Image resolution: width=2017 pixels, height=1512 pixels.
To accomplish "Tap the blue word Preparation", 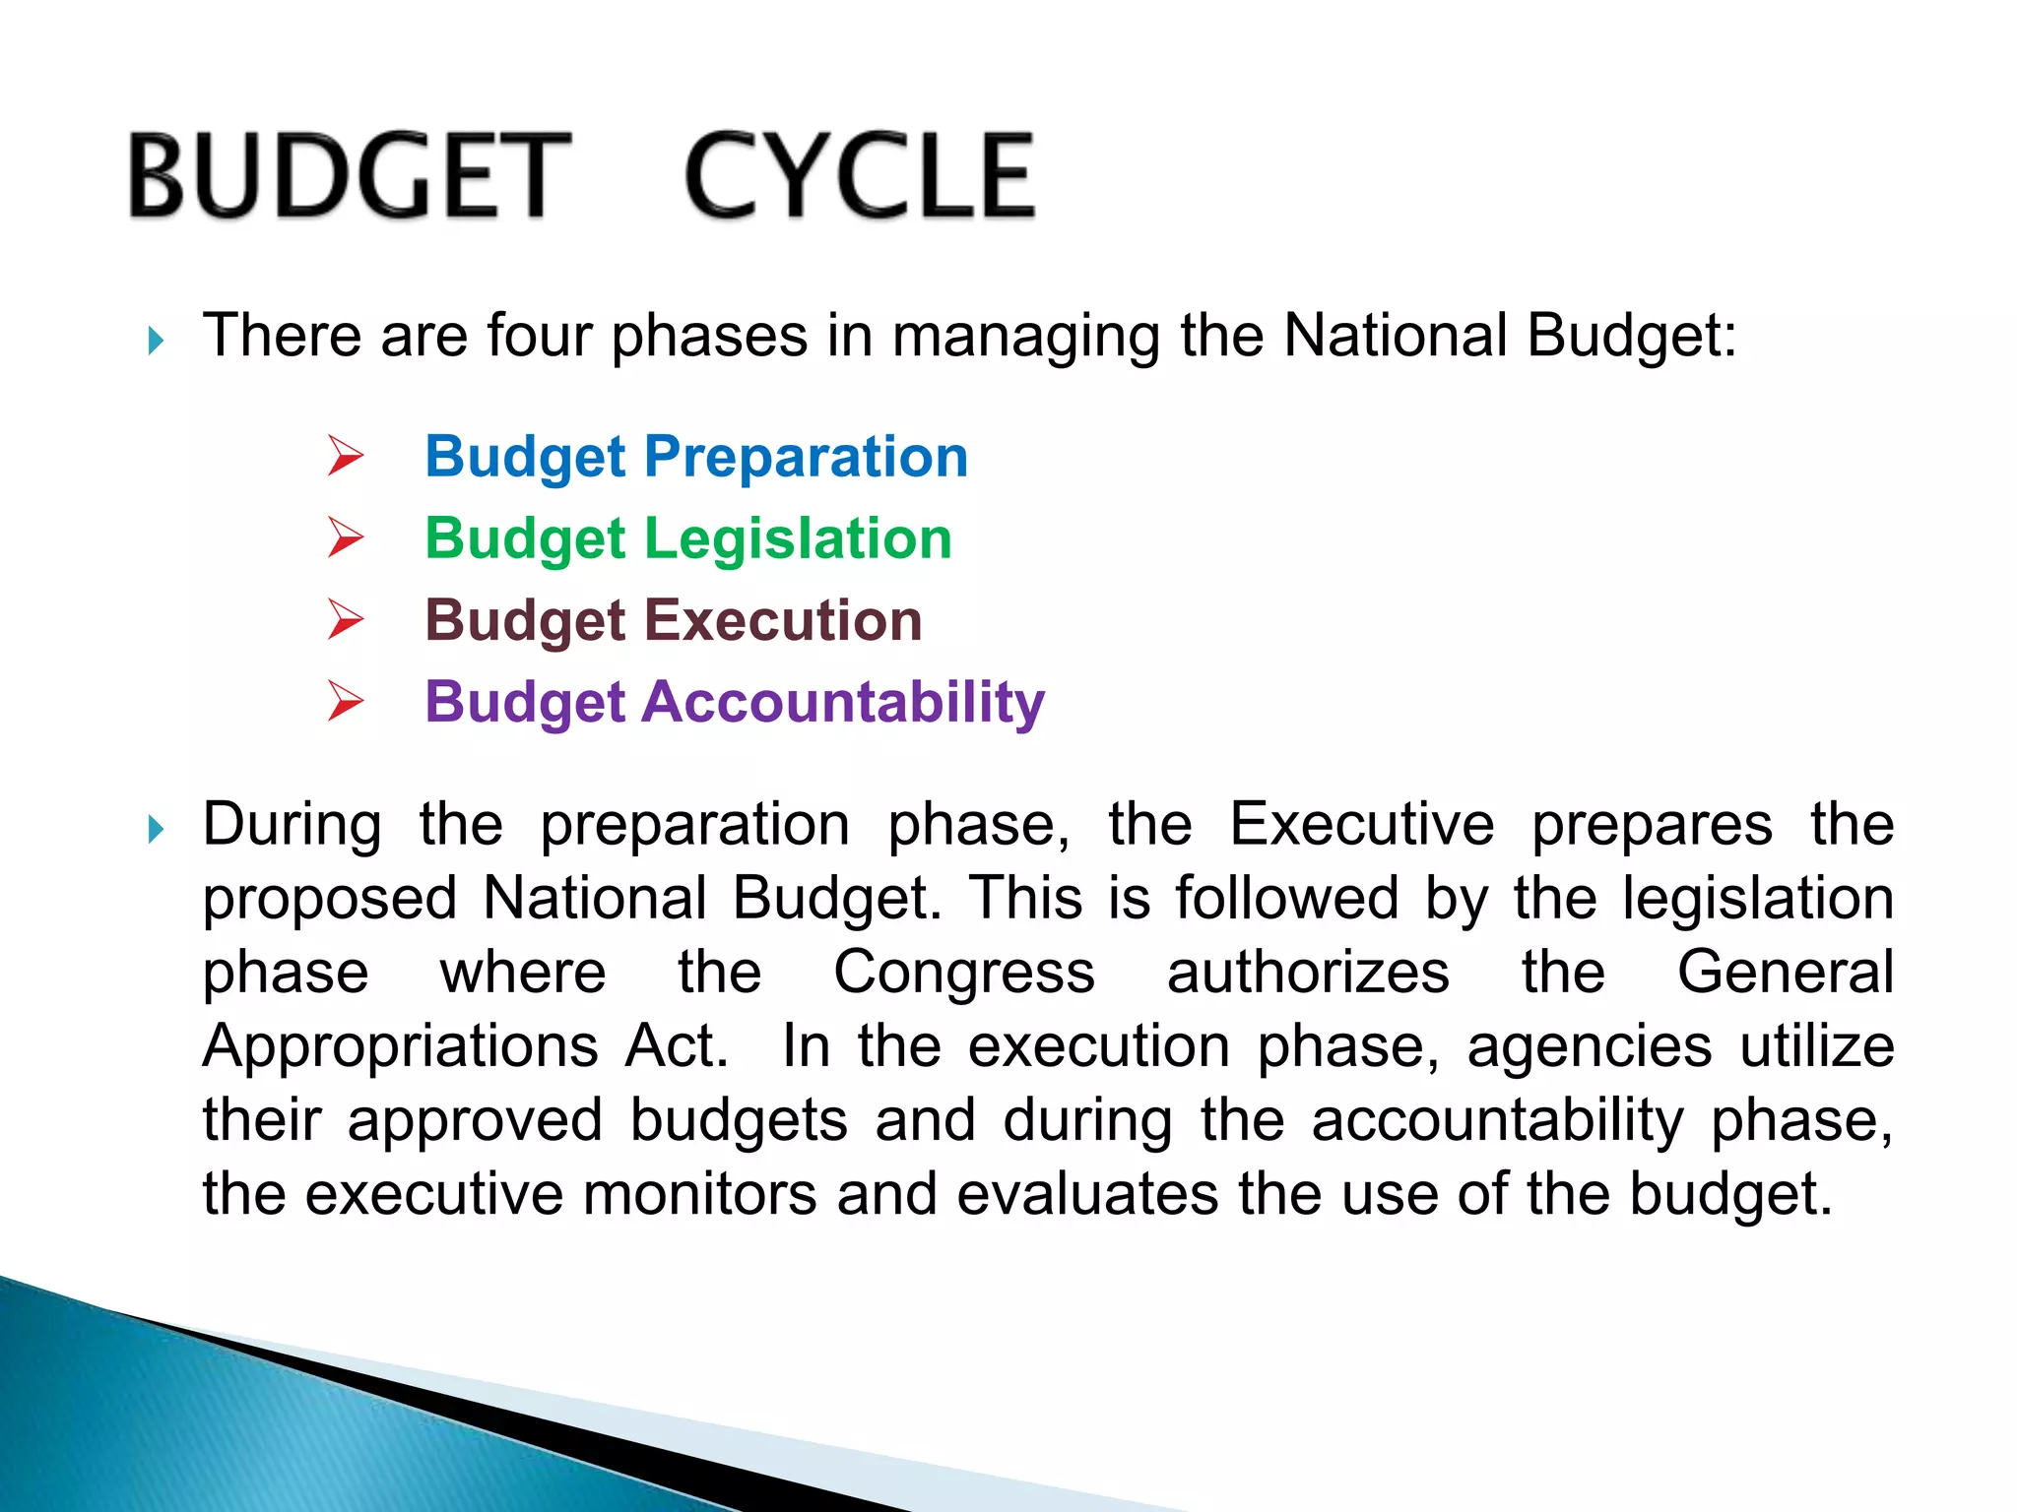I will click(x=806, y=458).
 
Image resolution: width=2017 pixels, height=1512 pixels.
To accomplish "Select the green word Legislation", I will click(x=798, y=539).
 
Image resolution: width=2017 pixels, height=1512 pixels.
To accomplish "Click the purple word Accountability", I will click(x=843, y=703).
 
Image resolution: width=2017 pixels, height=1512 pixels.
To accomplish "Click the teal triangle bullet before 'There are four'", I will click(x=156, y=342).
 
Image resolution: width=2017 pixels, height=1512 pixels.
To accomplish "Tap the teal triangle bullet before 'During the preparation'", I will click(x=156, y=829).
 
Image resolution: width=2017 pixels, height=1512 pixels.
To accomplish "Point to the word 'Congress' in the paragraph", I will click(x=964, y=974).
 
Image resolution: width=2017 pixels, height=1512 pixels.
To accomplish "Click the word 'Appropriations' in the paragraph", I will click(x=400, y=1046).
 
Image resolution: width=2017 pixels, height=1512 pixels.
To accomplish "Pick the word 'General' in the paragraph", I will click(x=1786, y=972).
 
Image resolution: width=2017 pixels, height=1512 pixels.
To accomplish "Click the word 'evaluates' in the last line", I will click(x=1087, y=1194).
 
